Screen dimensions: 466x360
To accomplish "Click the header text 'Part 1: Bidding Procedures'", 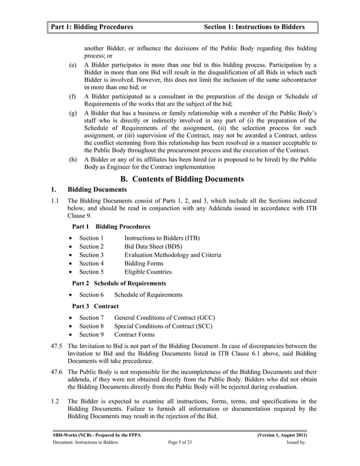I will click(x=92, y=27).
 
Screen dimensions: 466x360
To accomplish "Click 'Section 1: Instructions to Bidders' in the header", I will click(x=254, y=27).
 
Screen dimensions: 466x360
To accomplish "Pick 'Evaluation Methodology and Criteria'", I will click(x=173, y=255).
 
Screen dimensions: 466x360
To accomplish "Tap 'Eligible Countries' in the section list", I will click(x=148, y=272).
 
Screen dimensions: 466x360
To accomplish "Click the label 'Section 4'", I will click(x=91, y=263).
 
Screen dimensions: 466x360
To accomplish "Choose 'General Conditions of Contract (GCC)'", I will click(x=164, y=318).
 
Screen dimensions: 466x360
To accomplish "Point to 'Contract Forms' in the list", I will click(x=138, y=335).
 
